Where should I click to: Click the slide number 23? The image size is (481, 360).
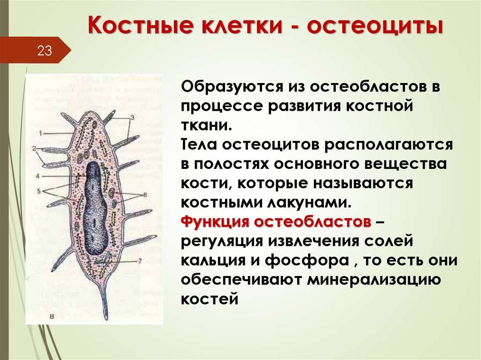coord(44,51)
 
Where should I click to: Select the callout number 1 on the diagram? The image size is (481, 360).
coord(41,133)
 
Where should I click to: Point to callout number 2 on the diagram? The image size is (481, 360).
coord(35,148)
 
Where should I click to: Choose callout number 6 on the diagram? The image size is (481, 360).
coord(145,194)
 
